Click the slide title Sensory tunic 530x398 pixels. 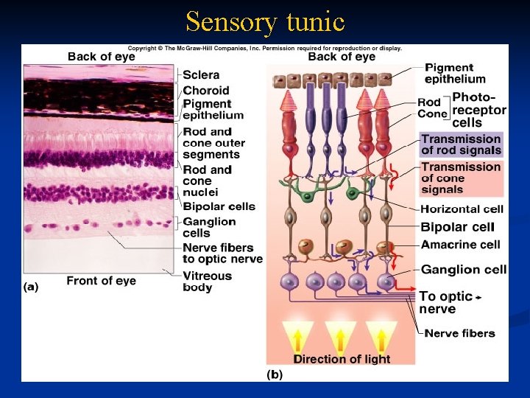pos(265,21)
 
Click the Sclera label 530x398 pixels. pos(201,74)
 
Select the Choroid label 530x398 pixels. pos(206,91)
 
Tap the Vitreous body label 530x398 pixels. pos(207,282)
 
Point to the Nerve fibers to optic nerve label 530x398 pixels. pos(222,253)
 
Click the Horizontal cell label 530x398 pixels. pos(462,209)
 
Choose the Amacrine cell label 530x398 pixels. pos(461,244)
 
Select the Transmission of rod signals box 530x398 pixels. pos(462,144)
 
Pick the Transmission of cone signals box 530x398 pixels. pos(462,178)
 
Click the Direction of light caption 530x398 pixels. pos(342,359)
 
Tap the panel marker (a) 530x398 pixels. pos(31,287)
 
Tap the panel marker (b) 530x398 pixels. pos(275,374)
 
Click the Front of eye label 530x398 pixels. pos(101,280)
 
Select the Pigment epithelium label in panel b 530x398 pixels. pos(455,73)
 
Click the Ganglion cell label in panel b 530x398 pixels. pos(464,270)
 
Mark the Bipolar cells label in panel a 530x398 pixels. pos(219,206)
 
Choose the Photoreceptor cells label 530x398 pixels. pos(479,110)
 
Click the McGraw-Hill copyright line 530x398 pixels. pos(264,49)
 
